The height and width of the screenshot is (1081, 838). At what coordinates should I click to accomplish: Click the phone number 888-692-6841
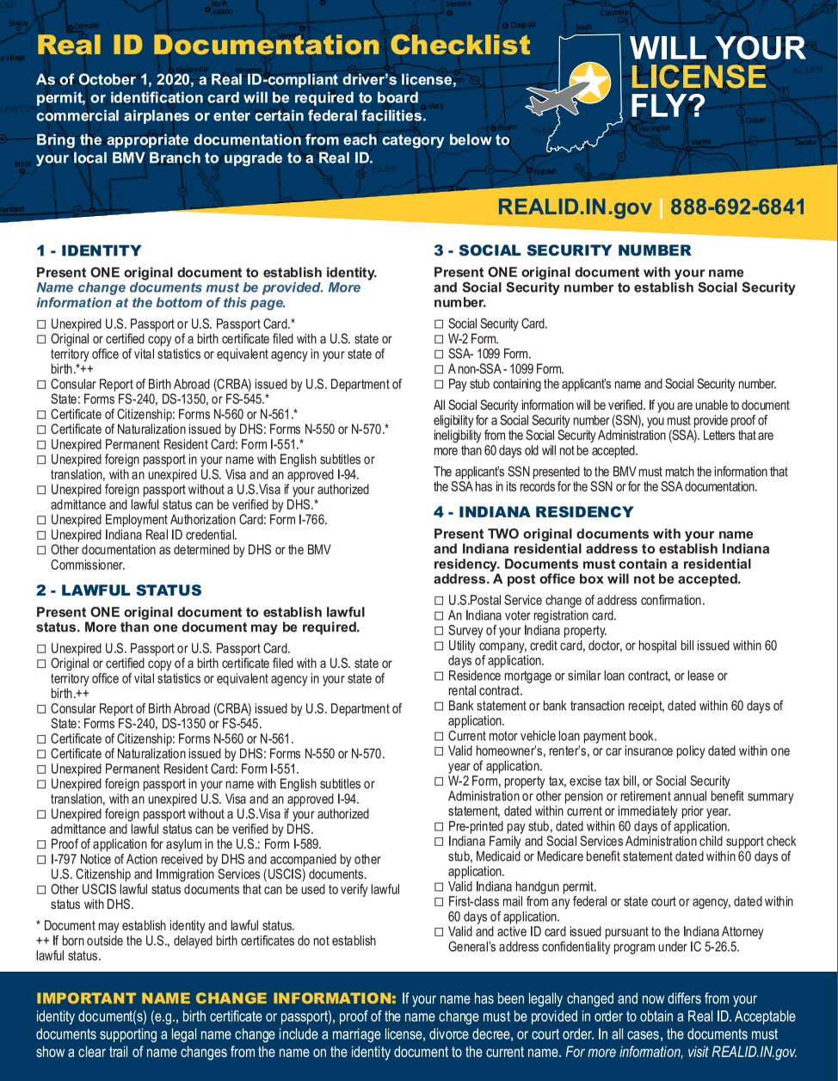(737, 207)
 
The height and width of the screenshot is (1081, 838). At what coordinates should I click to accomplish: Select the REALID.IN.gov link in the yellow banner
(574, 207)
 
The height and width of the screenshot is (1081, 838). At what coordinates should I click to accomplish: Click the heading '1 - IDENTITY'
(89, 250)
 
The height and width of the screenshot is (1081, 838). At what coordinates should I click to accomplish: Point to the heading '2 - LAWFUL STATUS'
(119, 590)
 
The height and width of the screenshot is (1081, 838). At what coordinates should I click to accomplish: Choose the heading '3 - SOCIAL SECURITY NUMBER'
(562, 250)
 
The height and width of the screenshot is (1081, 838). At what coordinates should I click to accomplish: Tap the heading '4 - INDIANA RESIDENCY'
(533, 512)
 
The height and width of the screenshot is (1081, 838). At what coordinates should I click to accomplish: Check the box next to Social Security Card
(440, 324)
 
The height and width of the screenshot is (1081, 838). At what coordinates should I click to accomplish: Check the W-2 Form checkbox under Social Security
(440, 339)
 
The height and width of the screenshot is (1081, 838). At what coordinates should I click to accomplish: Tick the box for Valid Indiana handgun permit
(440, 887)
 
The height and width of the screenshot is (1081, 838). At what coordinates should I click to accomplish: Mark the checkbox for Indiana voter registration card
(440, 616)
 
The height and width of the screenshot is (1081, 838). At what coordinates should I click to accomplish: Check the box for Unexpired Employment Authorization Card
(41, 521)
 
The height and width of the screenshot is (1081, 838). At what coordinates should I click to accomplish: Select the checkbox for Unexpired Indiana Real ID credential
(41, 535)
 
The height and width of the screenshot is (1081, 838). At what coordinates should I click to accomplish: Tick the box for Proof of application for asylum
(41, 845)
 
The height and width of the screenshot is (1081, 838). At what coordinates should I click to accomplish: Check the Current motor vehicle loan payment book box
(440, 737)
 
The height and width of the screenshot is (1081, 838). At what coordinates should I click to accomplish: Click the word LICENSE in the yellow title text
(698, 77)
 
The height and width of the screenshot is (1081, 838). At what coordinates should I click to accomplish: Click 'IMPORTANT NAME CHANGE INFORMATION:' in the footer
(216, 998)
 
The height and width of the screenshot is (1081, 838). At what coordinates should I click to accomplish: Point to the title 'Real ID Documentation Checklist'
(284, 46)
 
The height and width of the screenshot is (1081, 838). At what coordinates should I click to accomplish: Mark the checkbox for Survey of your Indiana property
(440, 631)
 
